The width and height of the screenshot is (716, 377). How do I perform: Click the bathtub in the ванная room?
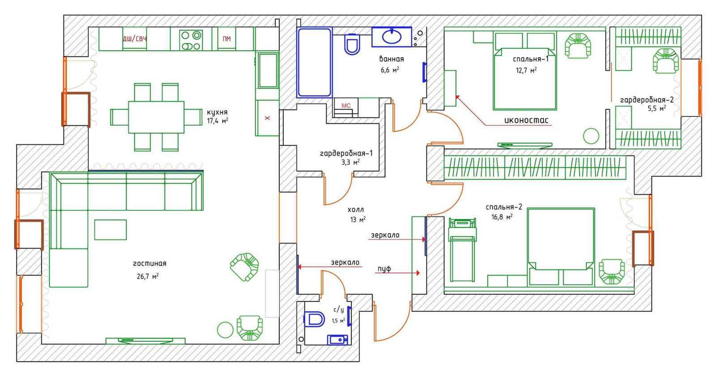coord(315,62)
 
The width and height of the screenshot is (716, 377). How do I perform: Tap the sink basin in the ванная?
coord(392,37)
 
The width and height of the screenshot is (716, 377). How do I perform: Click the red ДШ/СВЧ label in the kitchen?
coord(135,39)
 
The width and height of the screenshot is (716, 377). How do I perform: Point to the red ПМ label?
coord(226,39)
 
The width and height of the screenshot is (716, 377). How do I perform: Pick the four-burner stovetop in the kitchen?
coord(191,40)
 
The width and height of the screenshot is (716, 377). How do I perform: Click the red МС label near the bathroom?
coord(346,106)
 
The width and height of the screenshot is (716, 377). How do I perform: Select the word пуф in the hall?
coord(384,269)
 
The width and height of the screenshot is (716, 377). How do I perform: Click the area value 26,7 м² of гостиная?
coord(148,276)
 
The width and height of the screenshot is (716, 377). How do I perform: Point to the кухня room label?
coord(217,112)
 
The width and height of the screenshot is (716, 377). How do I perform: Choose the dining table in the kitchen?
coord(156,117)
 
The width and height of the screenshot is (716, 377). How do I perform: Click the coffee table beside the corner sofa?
coord(110,230)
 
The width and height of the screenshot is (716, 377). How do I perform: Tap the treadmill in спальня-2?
coord(462,250)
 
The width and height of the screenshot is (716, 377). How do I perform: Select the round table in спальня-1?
coord(591,136)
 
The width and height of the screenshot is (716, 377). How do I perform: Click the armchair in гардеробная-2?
coord(666,61)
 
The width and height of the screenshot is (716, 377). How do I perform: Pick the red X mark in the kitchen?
coord(267,118)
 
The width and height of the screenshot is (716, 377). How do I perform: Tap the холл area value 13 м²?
coord(358,220)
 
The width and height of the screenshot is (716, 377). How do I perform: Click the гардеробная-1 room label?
coord(346,154)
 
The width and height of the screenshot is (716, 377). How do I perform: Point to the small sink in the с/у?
coord(337,339)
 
